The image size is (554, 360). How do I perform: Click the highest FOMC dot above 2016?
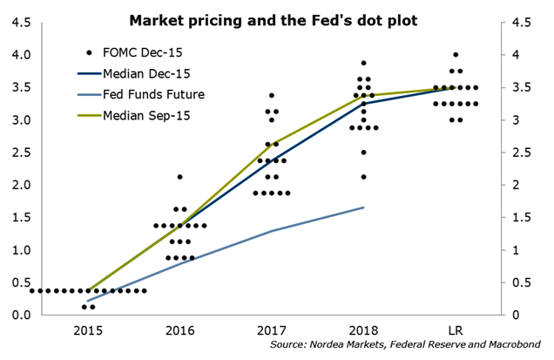[179, 177]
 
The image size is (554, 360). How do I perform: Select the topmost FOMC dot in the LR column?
[456, 55]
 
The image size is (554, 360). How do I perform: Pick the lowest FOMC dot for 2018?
[363, 177]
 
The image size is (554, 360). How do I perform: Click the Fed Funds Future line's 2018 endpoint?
[363, 207]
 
